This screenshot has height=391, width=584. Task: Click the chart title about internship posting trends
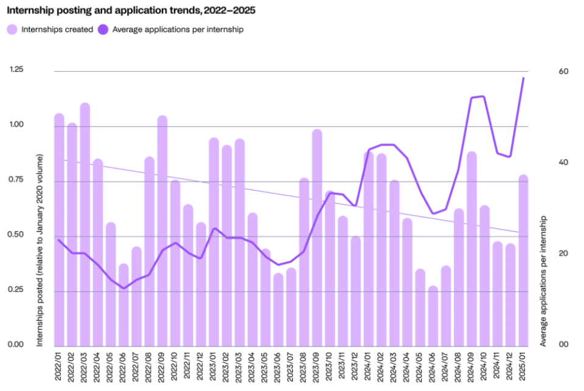[x=127, y=11]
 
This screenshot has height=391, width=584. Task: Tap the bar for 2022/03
[x=85, y=225]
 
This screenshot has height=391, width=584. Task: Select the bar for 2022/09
[x=162, y=231]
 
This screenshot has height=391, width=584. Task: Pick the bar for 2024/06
[x=433, y=317]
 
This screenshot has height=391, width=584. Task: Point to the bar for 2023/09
[x=317, y=238]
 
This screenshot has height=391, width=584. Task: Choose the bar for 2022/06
[x=123, y=305]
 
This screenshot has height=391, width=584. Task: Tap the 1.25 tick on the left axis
[x=16, y=70]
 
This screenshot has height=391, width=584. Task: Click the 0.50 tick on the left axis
[x=16, y=235]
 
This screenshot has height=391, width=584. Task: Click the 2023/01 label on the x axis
[x=214, y=365]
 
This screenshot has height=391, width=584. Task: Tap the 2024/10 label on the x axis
[x=485, y=365]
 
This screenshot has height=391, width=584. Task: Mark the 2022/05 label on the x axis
[x=111, y=365]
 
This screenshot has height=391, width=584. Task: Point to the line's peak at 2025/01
[x=523, y=78]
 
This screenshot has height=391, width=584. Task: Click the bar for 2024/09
[x=471, y=250]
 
